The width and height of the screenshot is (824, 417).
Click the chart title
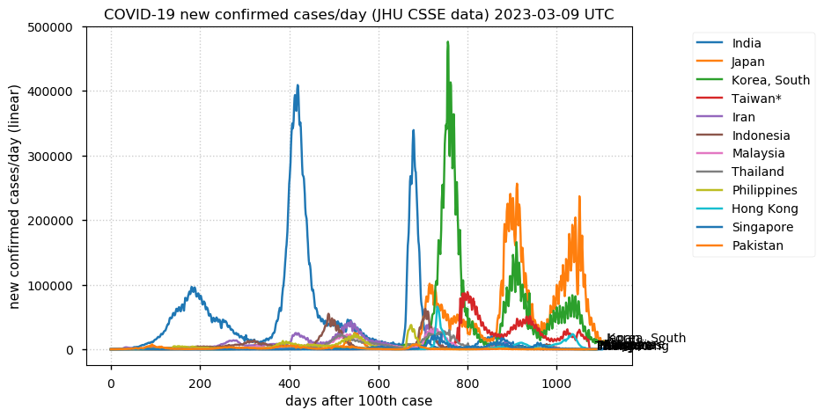pos(358,14)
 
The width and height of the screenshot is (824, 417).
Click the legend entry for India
pos(746,43)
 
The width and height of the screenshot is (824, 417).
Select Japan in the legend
pos(747,62)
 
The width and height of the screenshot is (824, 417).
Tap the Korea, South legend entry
pos(770,80)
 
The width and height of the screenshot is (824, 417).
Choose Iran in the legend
pos(743,117)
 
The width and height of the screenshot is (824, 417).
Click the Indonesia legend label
pos(761,135)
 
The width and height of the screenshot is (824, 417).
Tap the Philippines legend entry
pos(764,190)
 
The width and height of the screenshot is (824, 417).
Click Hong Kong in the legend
pos(764,208)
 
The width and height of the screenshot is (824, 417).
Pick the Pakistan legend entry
pos(757,245)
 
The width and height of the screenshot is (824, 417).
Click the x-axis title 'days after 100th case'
pos(358,401)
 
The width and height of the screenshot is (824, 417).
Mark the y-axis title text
pos(15,196)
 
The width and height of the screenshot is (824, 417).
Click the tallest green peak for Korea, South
pos(447,42)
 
